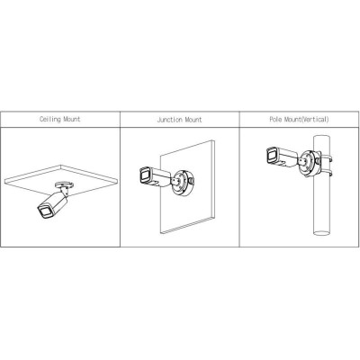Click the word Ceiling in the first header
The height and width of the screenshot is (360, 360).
coord(50,119)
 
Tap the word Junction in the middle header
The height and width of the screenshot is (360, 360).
coord(170,120)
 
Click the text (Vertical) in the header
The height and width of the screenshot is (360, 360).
coord(315,119)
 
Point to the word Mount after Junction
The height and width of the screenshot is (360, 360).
coord(193,120)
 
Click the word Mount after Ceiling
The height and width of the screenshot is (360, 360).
coord(72,119)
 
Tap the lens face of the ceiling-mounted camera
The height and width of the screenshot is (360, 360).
coord(45,211)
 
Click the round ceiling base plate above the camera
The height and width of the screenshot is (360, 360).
coord(64,184)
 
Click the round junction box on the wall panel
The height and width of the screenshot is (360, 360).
coord(182,183)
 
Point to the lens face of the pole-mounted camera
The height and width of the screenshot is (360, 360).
coord(273,156)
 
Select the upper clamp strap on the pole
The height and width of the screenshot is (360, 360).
coord(326,157)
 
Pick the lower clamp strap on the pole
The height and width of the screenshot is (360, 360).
coord(326,173)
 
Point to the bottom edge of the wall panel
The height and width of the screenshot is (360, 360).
coord(187,225)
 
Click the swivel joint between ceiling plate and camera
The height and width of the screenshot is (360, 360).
coord(64,191)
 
